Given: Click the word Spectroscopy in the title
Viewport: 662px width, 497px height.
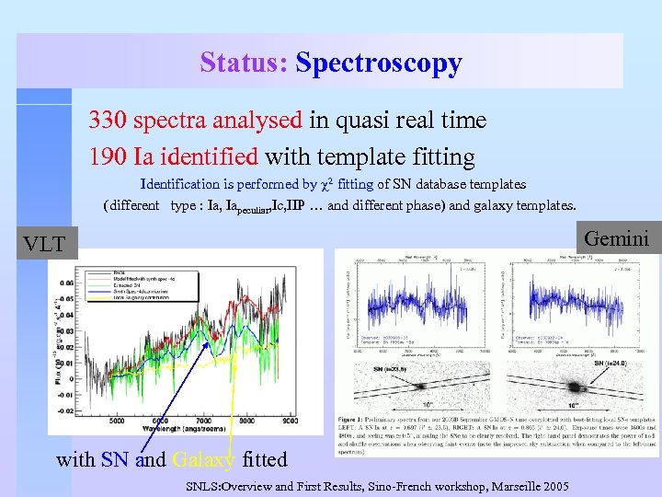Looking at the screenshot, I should (x=379, y=64).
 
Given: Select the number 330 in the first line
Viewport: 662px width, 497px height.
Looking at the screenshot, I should (x=108, y=121).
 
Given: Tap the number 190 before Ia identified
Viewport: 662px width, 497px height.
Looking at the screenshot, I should (x=108, y=156).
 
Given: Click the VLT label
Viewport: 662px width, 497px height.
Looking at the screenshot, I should (x=44, y=244).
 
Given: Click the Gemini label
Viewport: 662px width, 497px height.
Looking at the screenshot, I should (x=616, y=239).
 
